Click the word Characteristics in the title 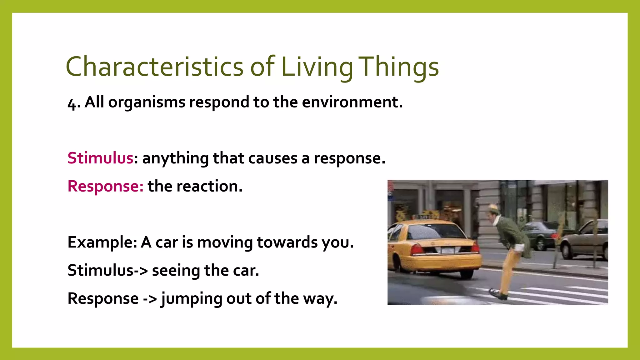click(154, 67)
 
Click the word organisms click(147, 102)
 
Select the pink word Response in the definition click(105, 187)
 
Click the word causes click(272, 158)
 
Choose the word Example click(102, 242)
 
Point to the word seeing click(176, 271)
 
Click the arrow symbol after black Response click(150, 299)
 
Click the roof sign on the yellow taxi click(424, 217)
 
